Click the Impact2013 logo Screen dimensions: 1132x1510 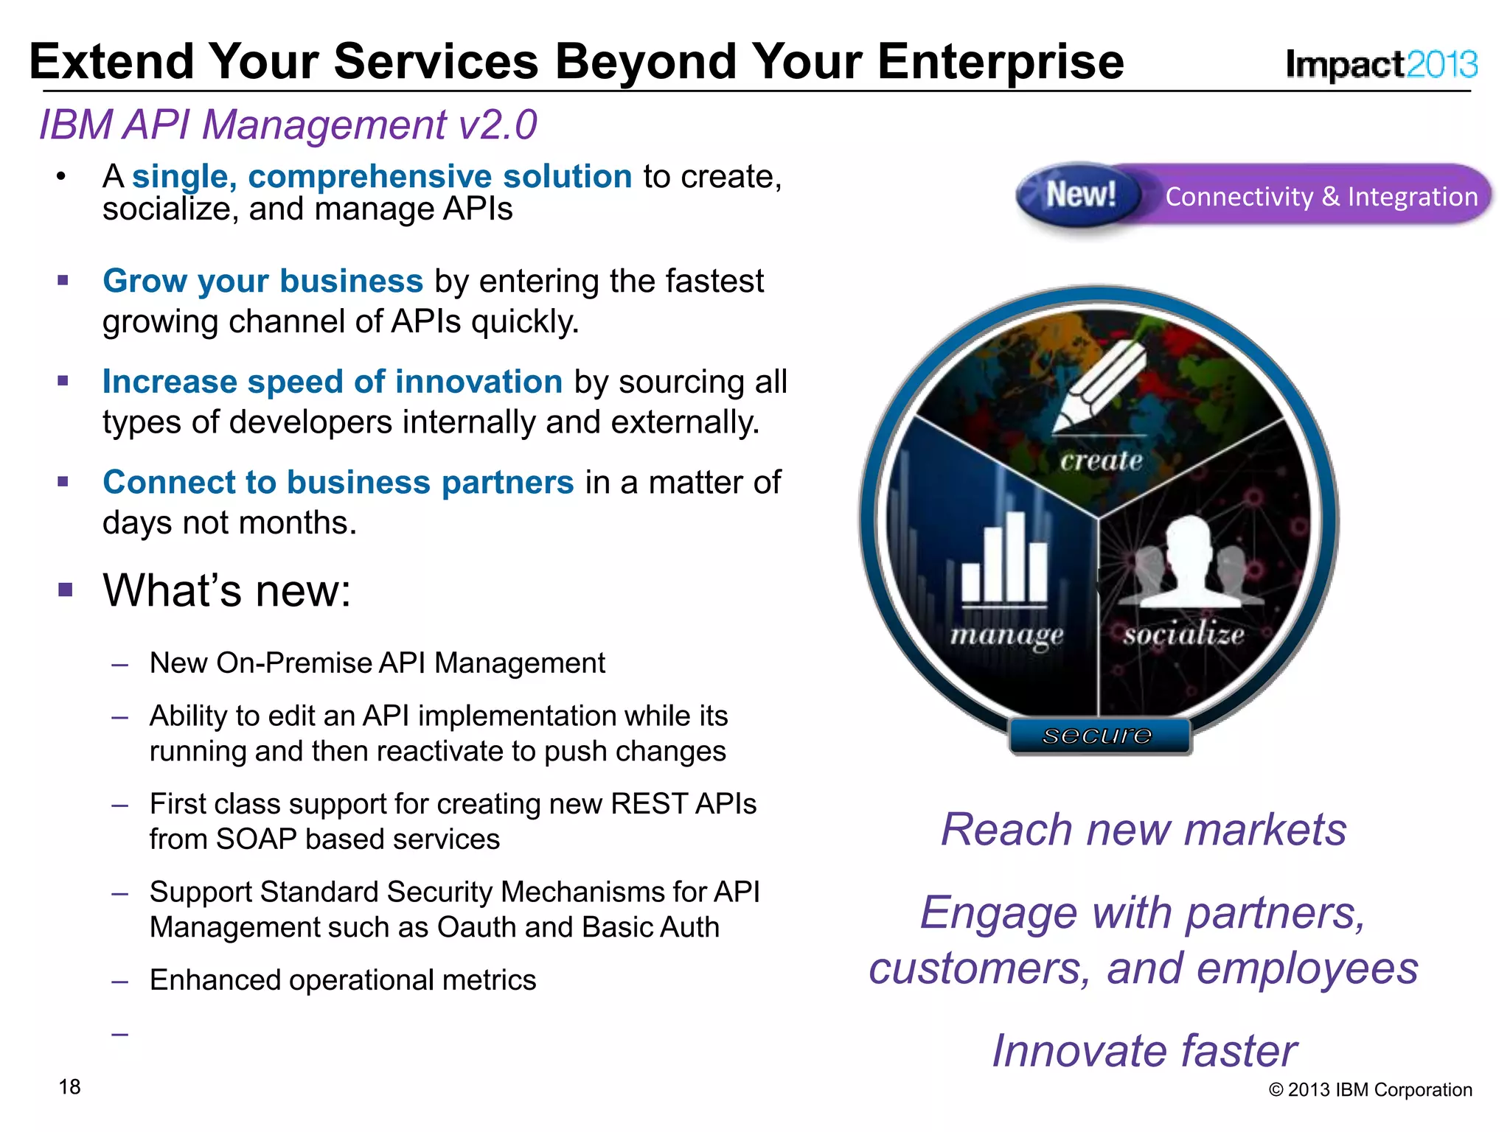pyautogui.click(x=1380, y=65)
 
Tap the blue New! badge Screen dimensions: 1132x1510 pyautogui.click(x=1079, y=195)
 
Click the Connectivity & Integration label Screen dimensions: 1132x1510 pyautogui.click(x=1321, y=197)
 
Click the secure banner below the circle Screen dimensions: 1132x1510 pyautogui.click(x=1099, y=736)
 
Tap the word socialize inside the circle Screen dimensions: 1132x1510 pyautogui.click(x=1183, y=635)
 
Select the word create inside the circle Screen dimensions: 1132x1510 pyautogui.click(x=1101, y=461)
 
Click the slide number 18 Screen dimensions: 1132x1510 pyautogui.click(x=70, y=1087)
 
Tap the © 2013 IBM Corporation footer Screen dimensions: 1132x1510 pyautogui.click(x=1370, y=1090)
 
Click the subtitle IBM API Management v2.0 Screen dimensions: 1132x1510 pyautogui.click(x=288, y=125)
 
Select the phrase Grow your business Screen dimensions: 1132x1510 pyautogui.click(x=262, y=282)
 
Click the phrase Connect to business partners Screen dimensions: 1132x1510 pyautogui.click(x=338, y=483)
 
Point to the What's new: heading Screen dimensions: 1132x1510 pyautogui.click(x=226, y=590)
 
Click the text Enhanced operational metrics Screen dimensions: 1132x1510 pyautogui.click(x=342, y=980)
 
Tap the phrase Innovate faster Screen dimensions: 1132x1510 pyautogui.click(x=1144, y=1050)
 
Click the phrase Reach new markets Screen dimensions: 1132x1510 pyautogui.click(x=1144, y=830)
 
